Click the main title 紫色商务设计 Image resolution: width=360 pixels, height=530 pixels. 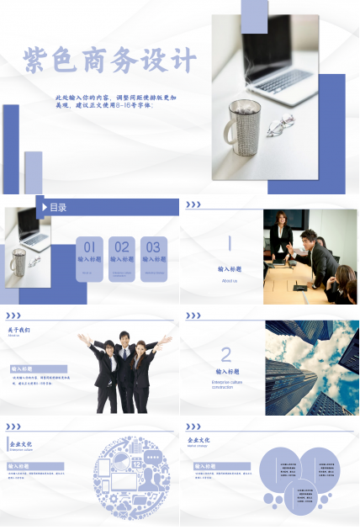tap(110, 61)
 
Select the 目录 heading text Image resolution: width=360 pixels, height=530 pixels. tap(58, 207)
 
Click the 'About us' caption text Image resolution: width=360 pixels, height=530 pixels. tap(229, 280)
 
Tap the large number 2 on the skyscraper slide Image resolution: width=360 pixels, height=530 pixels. tap(225, 354)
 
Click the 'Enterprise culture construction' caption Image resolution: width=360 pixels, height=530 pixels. tap(226, 384)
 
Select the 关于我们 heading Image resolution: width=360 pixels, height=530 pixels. tap(19, 330)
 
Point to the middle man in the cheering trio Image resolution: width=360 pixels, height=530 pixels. tap(125, 370)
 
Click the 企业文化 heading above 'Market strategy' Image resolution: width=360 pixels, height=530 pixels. tap(199, 440)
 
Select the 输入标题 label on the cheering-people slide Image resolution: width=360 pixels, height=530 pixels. tap(23, 368)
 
